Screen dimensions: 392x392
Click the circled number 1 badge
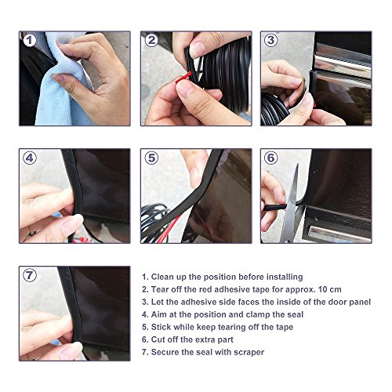[30, 41]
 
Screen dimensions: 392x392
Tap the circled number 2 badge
[151, 40]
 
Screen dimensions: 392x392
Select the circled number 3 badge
[271, 40]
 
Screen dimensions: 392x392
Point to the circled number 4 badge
[30, 158]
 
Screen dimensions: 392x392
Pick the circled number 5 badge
[151, 158]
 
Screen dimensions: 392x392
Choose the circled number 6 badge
[271, 158]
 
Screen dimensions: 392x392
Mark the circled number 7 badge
[30, 275]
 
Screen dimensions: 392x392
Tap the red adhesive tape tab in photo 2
[183, 78]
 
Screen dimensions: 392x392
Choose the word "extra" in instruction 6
[204, 339]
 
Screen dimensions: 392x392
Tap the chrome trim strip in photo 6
[339, 234]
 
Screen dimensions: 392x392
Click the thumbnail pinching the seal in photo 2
[198, 49]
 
